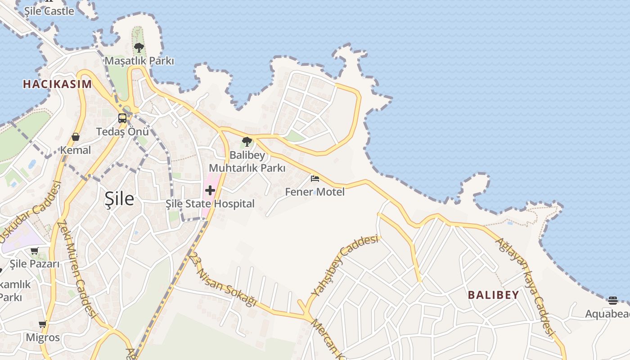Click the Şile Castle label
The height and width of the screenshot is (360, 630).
(x=49, y=11)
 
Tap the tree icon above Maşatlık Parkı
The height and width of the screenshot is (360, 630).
(x=139, y=47)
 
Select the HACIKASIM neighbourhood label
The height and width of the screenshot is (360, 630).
(x=57, y=84)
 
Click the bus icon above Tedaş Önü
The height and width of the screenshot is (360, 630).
(x=122, y=118)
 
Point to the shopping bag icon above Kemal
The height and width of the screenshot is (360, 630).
(x=76, y=137)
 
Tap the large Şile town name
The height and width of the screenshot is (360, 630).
(x=119, y=198)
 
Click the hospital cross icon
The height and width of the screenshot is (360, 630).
(x=210, y=190)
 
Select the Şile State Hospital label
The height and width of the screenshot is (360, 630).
(x=210, y=204)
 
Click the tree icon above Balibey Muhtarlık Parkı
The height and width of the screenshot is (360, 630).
(x=247, y=142)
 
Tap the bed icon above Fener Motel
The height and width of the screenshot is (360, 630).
(x=315, y=179)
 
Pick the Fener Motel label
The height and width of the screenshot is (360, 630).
(x=315, y=192)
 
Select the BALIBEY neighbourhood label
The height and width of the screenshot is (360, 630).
(x=493, y=295)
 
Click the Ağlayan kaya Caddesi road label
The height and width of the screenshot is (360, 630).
(x=525, y=286)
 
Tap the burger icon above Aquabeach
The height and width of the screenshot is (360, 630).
(x=612, y=300)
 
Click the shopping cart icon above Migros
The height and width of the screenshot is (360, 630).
(x=43, y=324)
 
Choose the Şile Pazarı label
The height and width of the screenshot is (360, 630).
(x=35, y=264)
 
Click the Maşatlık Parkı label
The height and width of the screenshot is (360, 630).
(x=139, y=60)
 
